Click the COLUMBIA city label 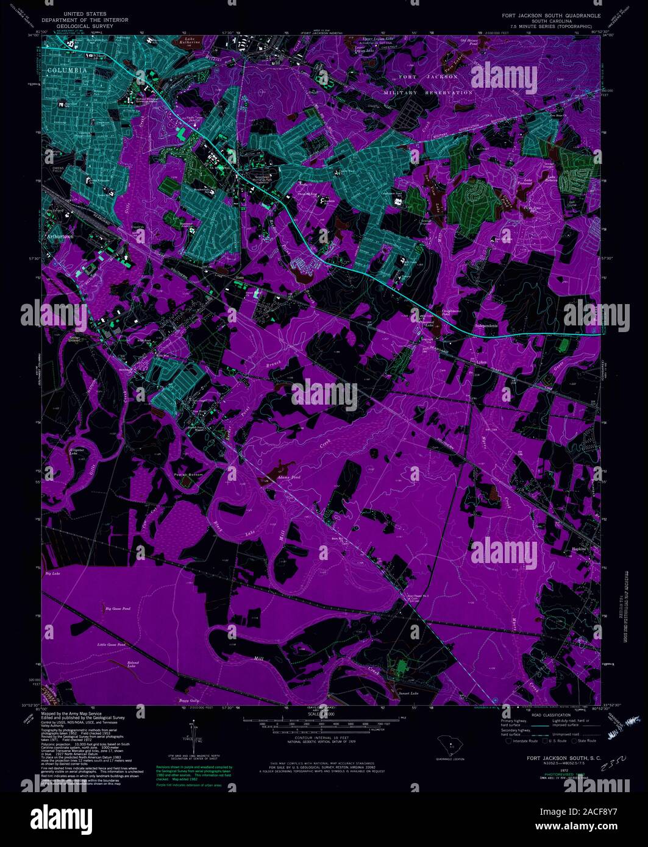[x=63, y=70]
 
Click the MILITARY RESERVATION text [x=428, y=93]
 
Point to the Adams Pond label [x=289, y=477]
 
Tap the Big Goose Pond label [x=118, y=608]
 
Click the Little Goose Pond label [x=112, y=644]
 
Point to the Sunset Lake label [x=408, y=693]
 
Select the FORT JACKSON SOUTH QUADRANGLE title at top [x=551, y=15]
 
